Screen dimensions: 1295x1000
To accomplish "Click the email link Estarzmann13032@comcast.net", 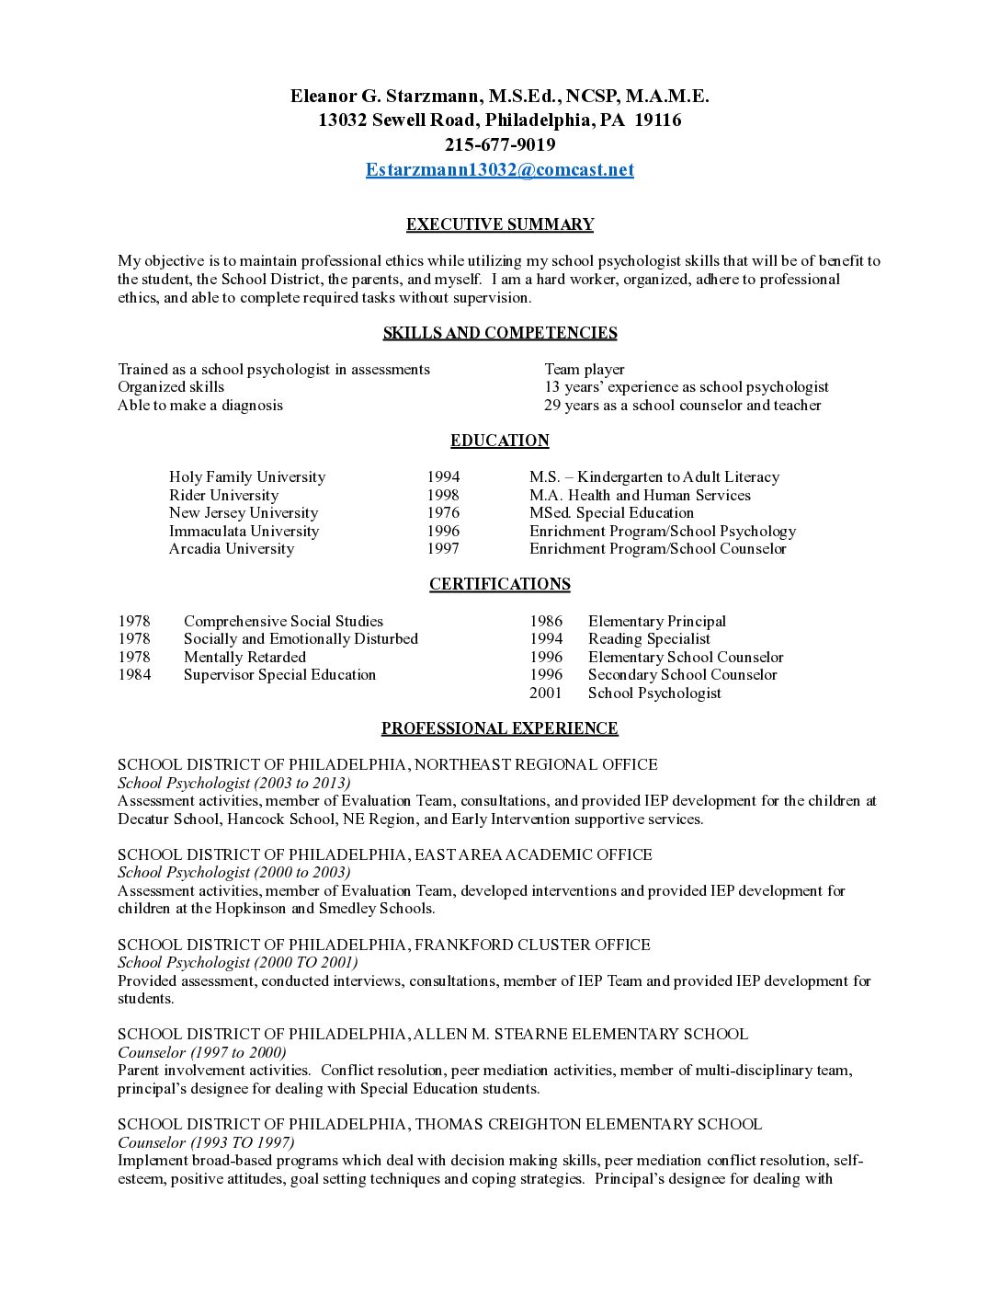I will pyautogui.click(x=499, y=170).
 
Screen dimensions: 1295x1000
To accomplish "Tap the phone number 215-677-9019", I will pyautogui.click(x=500, y=145).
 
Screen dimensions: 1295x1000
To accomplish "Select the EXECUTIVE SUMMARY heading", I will pyautogui.click(x=500, y=224).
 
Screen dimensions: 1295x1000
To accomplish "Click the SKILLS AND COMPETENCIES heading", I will pyautogui.click(x=500, y=333).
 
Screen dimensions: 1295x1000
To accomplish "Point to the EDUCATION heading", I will pyautogui.click(x=500, y=441).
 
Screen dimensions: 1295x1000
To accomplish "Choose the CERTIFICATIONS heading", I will pyautogui.click(x=500, y=584).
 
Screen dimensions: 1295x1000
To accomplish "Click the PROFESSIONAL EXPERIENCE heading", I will pyautogui.click(x=500, y=728).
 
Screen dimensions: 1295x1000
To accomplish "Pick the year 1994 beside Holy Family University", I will pyautogui.click(x=443, y=477).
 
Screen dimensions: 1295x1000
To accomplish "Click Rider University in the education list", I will pyautogui.click(x=223, y=495).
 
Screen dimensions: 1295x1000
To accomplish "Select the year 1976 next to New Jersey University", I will pyautogui.click(x=443, y=513).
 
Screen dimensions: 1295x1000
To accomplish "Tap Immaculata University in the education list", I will pyautogui.click(x=244, y=531).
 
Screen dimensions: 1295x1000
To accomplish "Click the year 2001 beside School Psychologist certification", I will pyautogui.click(x=545, y=693).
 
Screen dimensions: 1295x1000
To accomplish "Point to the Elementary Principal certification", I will pyautogui.click(x=656, y=622).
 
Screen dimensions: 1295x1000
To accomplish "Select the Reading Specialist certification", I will pyautogui.click(x=649, y=639).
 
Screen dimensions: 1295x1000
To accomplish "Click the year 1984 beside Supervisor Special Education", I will pyautogui.click(x=134, y=675).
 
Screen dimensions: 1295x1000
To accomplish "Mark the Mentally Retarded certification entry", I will pyautogui.click(x=244, y=658).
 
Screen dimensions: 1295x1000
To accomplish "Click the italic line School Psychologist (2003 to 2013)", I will pyautogui.click(x=233, y=783).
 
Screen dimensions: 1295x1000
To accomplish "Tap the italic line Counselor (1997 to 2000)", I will pyautogui.click(x=201, y=1052).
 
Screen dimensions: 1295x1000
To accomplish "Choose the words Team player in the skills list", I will pyautogui.click(x=584, y=370).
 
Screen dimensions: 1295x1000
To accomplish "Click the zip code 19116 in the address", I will pyautogui.click(x=658, y=120).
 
